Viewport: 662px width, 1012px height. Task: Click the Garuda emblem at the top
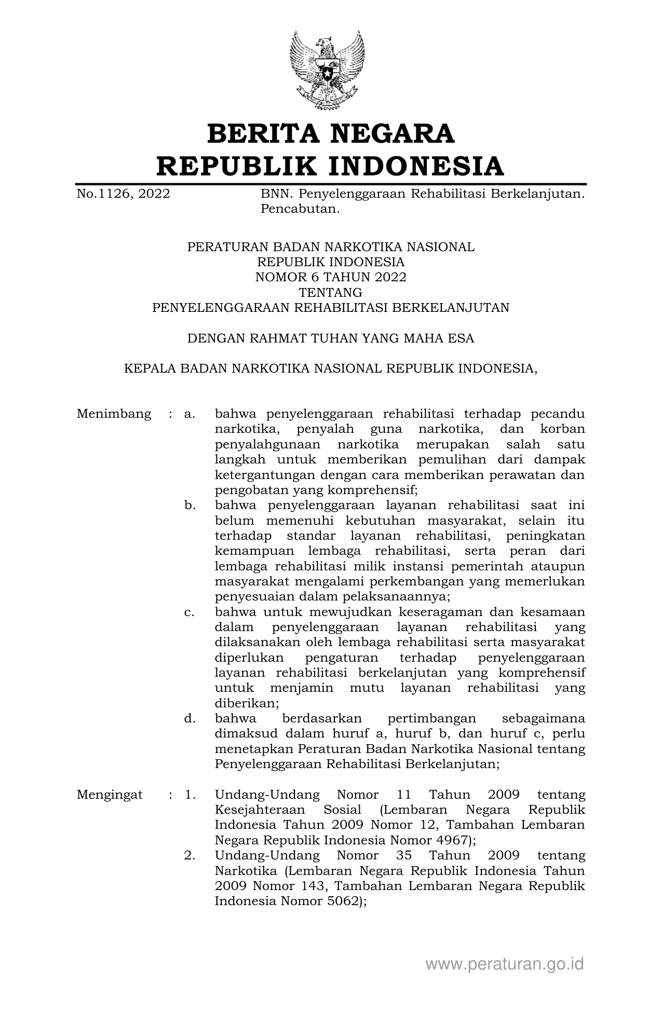coord(327,70)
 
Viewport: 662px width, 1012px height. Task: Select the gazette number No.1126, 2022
coord(123,194)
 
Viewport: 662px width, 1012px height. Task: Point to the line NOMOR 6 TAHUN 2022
coord(331,277)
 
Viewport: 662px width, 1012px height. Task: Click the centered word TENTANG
coord(331,292)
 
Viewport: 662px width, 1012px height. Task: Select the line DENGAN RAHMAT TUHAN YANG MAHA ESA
coord(331,338)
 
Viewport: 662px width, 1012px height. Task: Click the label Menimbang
coord(114,414)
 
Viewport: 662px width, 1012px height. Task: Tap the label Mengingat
coord(110,795)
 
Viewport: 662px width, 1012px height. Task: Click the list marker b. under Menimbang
coord(190,505)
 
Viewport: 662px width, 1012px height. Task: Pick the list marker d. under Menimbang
coord(190,719)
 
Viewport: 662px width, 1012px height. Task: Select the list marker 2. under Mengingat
coord(190,856)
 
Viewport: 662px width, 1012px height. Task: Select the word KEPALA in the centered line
coord(150,368)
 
